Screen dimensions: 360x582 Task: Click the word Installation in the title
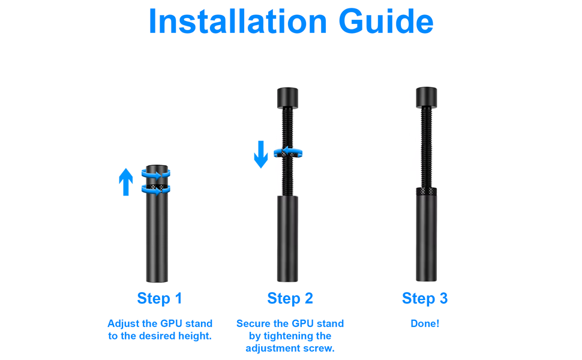tap(238, 22)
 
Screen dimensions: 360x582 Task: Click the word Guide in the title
tap(386, 22)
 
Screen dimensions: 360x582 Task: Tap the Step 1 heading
tap(159, 298)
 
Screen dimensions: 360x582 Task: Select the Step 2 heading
tap(290, 298)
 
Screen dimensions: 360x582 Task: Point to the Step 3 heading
tap(424, 298)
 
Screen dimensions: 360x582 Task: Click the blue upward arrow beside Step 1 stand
tap(125, 182)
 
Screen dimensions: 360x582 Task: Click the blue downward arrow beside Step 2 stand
tap(260, 154)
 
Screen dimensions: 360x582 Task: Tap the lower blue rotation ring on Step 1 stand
tap(156, 190)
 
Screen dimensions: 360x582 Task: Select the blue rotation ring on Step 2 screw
tap(288, 153)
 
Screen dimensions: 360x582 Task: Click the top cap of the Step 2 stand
tap(288, 97)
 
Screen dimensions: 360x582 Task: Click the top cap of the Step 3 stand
tap(426, 97)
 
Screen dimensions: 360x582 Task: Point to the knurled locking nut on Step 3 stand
tap(426, 191)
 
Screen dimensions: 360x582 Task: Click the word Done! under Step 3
tap(425, 323)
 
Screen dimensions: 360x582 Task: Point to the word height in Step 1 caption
tap(195, 336)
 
